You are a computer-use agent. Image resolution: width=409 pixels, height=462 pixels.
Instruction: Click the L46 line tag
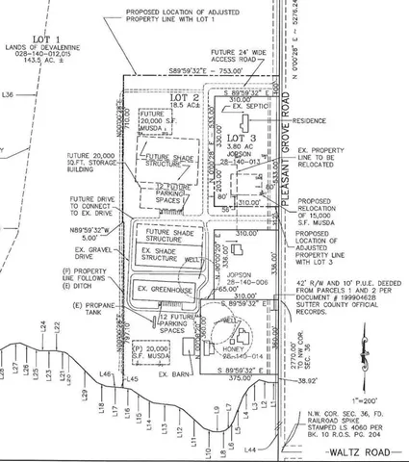106,373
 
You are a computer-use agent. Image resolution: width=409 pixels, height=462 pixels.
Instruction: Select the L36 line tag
9,94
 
